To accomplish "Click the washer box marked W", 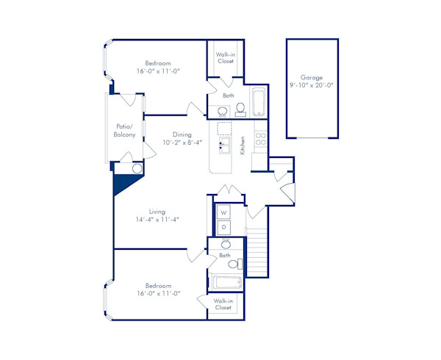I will [224, 213].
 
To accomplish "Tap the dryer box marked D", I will [224, 228].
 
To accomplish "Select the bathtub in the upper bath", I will [258, 103].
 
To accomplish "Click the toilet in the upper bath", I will [240, 110].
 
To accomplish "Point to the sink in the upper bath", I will [222, 112].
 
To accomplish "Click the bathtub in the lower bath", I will [226, 282].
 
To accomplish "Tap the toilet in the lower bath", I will [234, 264].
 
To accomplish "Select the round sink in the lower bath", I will [226, 245].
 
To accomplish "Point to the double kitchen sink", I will [224, 150].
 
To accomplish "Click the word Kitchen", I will [243, 143].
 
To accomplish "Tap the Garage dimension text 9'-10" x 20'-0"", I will [312, 85].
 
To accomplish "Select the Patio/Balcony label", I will [124, 131].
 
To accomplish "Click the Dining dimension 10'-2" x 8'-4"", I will [182, 143].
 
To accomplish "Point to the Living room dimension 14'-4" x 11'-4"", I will [157, 219].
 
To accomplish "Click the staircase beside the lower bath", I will [255, 253].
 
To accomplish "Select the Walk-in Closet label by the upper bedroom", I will [225, 57].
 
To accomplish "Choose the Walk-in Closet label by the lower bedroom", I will [223, 304].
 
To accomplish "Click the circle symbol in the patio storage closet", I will [136, 169].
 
